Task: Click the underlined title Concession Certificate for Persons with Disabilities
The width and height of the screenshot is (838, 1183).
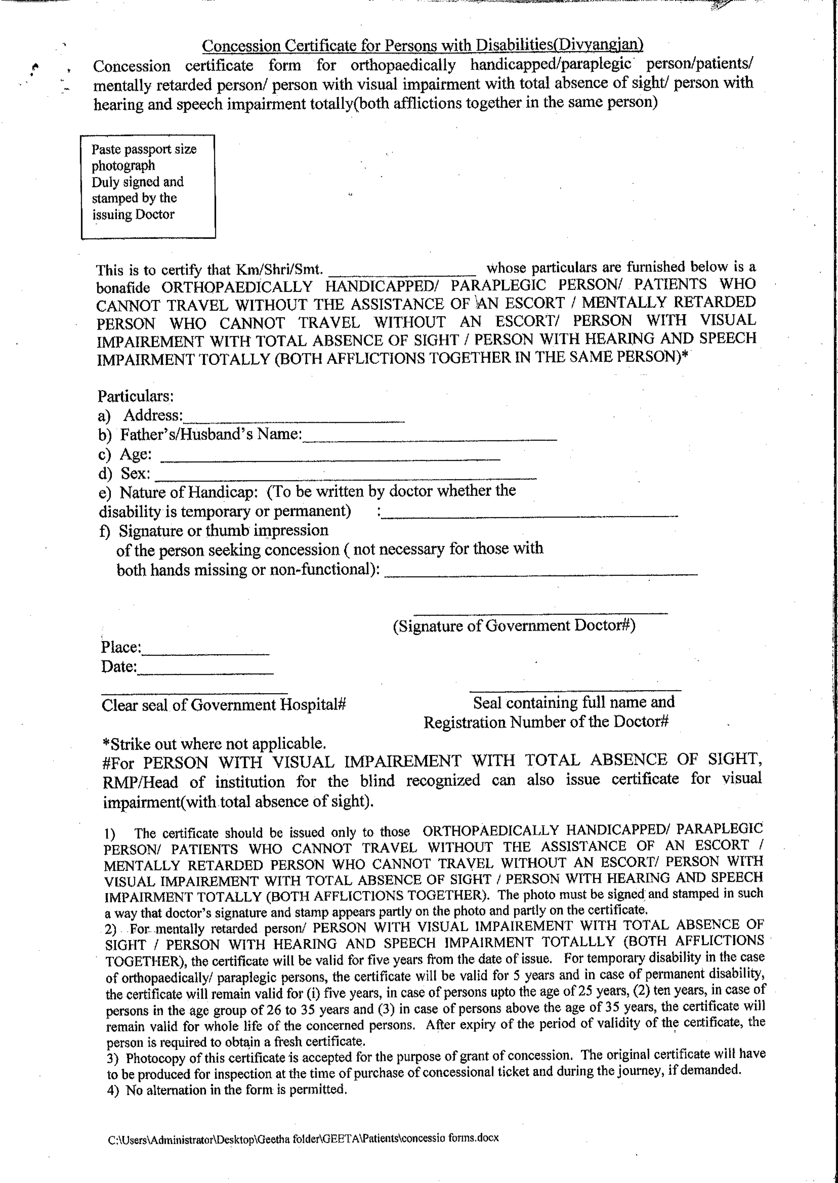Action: [422, 46]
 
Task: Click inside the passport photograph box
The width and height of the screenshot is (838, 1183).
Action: [148, 186]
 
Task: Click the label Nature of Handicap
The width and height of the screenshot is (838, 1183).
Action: [188, 492]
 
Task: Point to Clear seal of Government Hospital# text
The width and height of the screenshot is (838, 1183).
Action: [223, 705]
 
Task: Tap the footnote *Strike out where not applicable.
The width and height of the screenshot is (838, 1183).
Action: [214, 744]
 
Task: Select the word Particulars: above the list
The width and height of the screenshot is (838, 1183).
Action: [136, 396]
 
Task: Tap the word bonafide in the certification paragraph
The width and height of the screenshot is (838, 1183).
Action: [123, 288]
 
